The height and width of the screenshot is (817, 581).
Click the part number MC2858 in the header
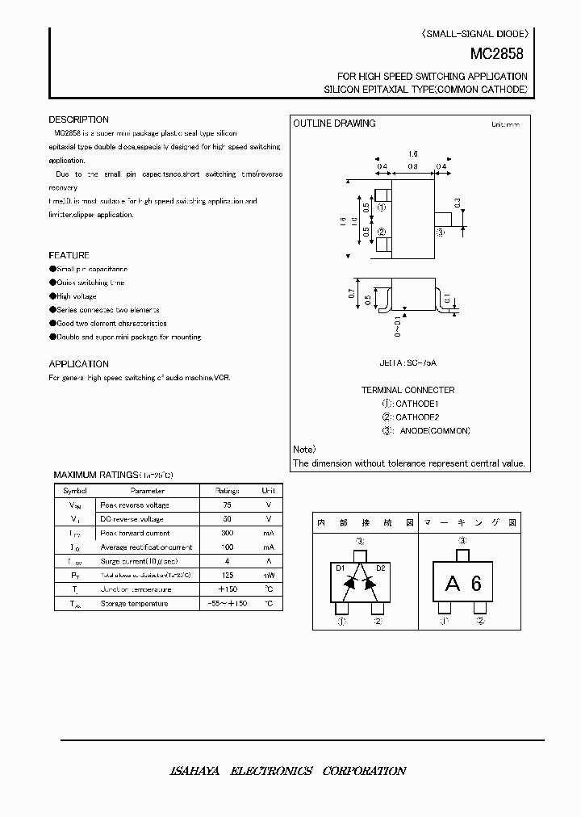497,55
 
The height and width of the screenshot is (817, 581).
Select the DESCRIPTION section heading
78,119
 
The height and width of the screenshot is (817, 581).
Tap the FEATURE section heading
69,255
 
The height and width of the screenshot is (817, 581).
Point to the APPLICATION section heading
78,364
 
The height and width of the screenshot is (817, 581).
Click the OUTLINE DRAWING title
334,124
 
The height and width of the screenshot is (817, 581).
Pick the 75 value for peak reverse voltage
227,505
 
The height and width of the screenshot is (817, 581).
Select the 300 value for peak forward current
227,533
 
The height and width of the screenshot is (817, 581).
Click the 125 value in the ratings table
227,575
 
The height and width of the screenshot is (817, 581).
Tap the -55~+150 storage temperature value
227,603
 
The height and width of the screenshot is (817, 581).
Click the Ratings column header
227,490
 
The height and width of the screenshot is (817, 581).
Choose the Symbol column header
75,490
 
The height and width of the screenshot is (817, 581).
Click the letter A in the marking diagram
453,584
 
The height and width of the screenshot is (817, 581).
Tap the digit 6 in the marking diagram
476,584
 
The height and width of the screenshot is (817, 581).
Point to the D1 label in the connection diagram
340,568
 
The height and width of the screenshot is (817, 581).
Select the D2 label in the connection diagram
381,568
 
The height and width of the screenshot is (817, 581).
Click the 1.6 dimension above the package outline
412,153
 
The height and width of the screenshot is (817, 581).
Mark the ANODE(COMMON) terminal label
434,431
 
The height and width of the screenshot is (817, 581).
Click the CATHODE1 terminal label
416,403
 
